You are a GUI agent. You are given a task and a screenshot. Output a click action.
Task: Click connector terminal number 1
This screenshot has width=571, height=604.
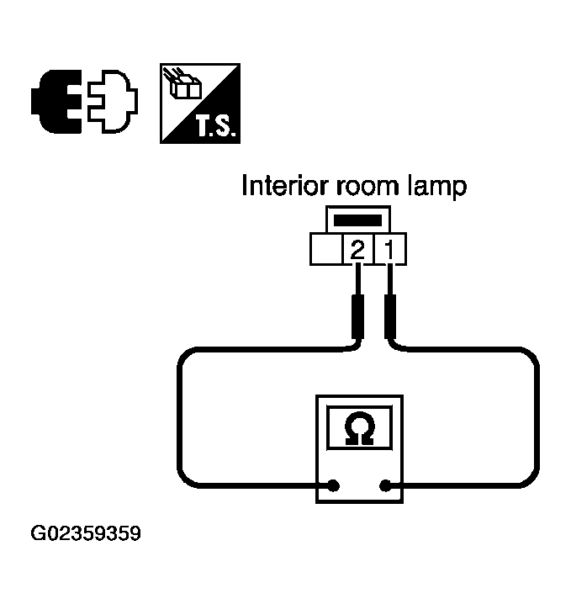(x=390, y=249)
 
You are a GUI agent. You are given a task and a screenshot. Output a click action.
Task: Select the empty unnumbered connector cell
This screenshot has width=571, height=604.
(x=326, y=249)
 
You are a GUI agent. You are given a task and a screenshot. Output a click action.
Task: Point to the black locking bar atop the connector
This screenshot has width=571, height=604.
(x=358, y=220)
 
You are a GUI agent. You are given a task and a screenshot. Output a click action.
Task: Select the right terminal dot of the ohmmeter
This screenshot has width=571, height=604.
(x=386, y=485)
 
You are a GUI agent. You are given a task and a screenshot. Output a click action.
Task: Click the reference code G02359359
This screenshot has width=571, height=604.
(x=86, y=533)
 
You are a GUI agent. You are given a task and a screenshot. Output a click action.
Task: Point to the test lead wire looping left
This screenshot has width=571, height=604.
(x=180, y=421)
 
